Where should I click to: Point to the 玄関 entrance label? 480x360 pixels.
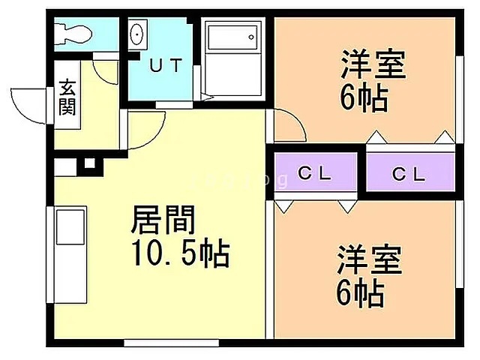coord(67,98)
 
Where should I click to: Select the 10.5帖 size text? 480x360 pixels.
coord(180,255)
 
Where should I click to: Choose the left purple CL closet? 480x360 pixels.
coord(315,173)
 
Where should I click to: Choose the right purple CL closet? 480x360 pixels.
coord(409,174)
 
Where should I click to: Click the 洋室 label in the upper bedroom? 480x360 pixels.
coord(373,64)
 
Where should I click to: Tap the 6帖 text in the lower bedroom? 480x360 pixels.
coord(361,292)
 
